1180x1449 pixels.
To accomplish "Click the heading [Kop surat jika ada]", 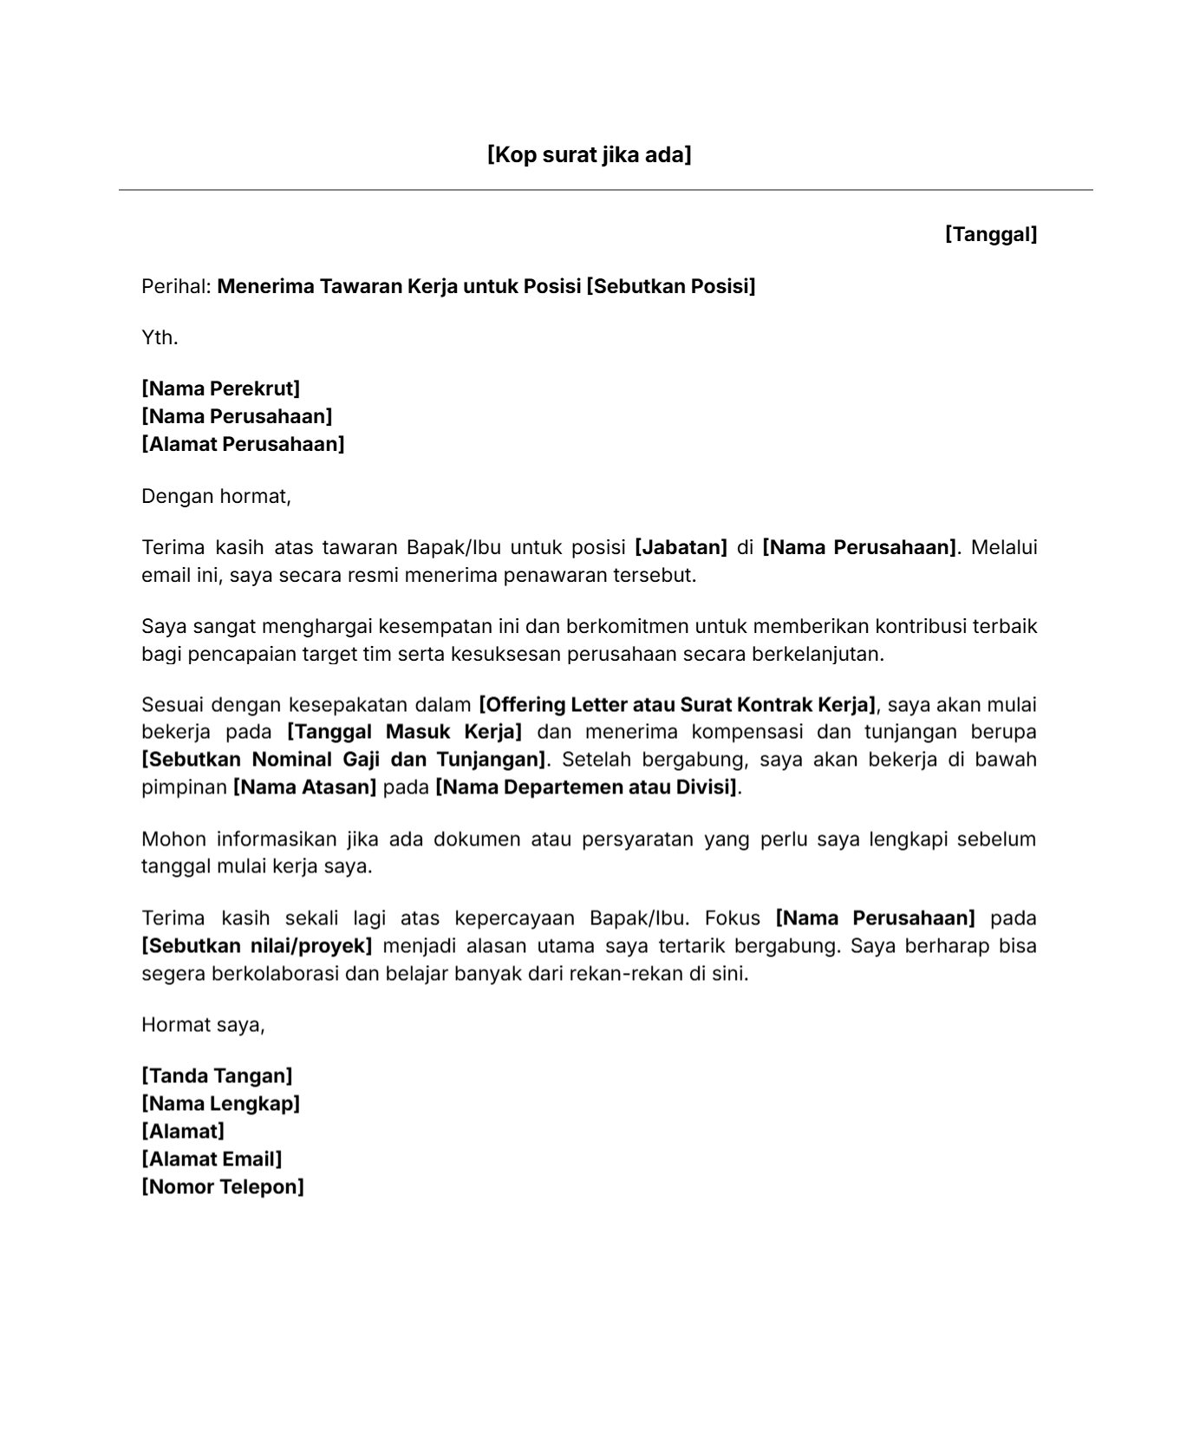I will (589, 155).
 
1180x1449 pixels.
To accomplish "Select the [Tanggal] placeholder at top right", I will (990, 234).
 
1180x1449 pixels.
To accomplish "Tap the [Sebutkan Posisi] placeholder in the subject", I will (670, 286).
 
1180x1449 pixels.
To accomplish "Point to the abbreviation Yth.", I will (160, 337).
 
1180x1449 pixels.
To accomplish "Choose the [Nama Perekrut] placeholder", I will (220, 388).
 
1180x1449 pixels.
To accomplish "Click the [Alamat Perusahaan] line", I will (243, 444).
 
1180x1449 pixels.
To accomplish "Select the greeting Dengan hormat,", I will (216, 496).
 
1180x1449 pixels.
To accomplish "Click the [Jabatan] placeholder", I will (681, 547).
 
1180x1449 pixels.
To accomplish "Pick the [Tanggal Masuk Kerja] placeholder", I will (404, 732).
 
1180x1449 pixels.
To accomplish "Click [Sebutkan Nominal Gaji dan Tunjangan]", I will (344, 760).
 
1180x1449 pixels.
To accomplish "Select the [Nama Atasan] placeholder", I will (304, 787).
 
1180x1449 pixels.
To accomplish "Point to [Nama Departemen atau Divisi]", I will (587, 787).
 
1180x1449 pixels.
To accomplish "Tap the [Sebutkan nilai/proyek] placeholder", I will (257, 945).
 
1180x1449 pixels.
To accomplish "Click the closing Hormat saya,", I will (203, 1025).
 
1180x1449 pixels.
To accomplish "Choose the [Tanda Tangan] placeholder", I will (217, 1076).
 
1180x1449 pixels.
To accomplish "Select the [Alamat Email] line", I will (212, 1159).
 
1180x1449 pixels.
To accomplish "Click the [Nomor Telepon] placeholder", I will (223, 1187).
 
